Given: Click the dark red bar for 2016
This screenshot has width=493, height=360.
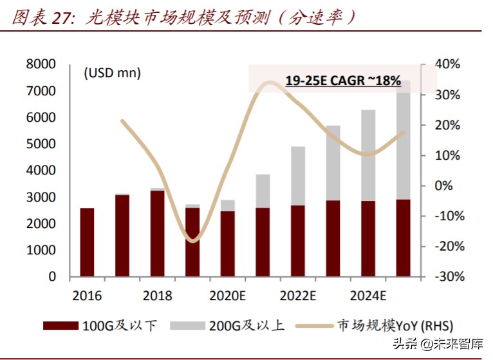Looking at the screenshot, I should (x=87, y=242).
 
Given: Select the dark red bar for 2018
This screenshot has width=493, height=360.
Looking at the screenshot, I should (x=157, y=233).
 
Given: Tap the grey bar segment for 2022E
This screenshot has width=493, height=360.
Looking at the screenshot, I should (x=298, y=176).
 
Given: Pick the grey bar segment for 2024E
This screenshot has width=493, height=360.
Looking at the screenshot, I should (x=368, y=155).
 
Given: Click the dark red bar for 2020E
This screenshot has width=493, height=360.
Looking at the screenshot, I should (x=228, y=243).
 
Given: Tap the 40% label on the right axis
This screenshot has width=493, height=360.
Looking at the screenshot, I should (x=447, y=64).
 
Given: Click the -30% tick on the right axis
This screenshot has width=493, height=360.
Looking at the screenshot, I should (x=445, y=276).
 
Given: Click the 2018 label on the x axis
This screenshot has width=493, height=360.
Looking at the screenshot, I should (x=157, y=296).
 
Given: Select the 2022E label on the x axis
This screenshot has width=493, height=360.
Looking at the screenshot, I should (x=298, y=296).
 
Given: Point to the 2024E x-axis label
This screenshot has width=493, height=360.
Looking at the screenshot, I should (x=368, y=296).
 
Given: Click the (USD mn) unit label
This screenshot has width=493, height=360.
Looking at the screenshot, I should (x=112, y=73).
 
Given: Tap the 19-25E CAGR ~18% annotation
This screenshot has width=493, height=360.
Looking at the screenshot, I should (x=343, y=81).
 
